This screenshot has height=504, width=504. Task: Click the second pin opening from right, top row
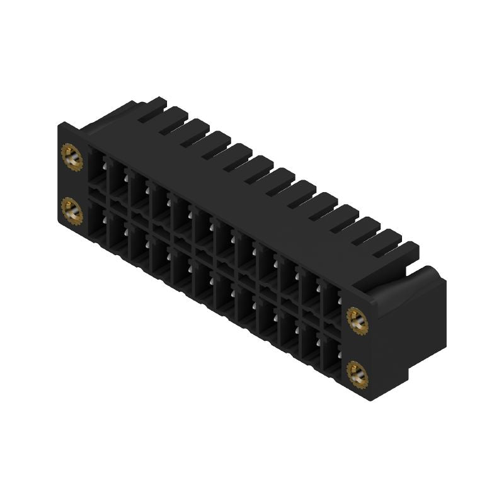click(311, 290)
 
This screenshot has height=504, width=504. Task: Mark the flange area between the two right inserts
click(357, 347)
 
